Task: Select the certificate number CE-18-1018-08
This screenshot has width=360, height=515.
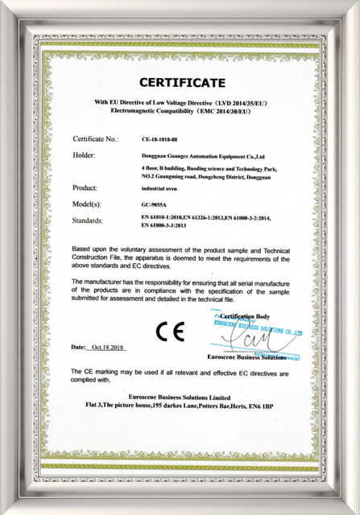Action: coord(151,139)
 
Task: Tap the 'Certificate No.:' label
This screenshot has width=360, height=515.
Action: coord(96,139)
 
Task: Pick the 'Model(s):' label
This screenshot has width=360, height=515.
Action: coord(89,204)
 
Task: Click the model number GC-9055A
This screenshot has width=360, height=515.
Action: coord(143,204)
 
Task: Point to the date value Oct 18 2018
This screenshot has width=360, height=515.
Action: coord(111,347)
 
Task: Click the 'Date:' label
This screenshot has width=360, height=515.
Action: coord(78,347)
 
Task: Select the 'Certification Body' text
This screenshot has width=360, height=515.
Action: coord(250,318)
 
